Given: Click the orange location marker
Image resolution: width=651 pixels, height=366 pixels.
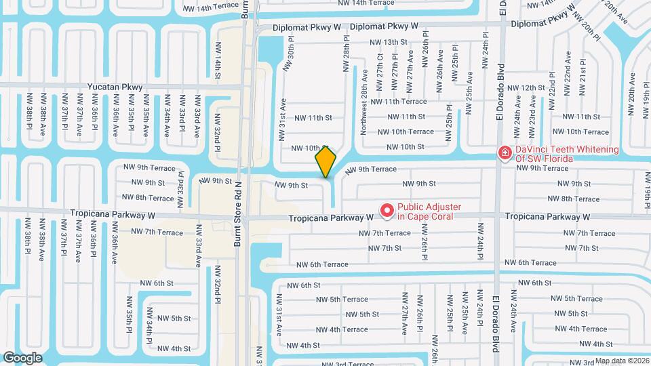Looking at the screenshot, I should tap(325, 161).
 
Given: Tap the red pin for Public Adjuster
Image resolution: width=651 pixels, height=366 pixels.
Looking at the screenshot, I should tap(387, 211).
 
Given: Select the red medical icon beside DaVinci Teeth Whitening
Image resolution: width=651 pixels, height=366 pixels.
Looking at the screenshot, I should tap(505, 154).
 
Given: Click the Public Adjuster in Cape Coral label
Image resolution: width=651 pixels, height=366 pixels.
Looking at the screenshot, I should tap(429, 212).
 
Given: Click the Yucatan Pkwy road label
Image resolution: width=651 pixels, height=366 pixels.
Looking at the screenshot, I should tap(115, 87).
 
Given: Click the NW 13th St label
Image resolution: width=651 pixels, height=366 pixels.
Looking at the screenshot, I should tap(389, 42).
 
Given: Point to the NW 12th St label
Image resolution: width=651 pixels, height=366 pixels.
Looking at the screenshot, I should tap(526, 87).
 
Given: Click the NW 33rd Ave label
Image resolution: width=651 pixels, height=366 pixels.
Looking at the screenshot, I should tap(199, 251).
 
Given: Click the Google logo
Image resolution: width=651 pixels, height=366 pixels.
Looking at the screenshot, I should tap(23, 357).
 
